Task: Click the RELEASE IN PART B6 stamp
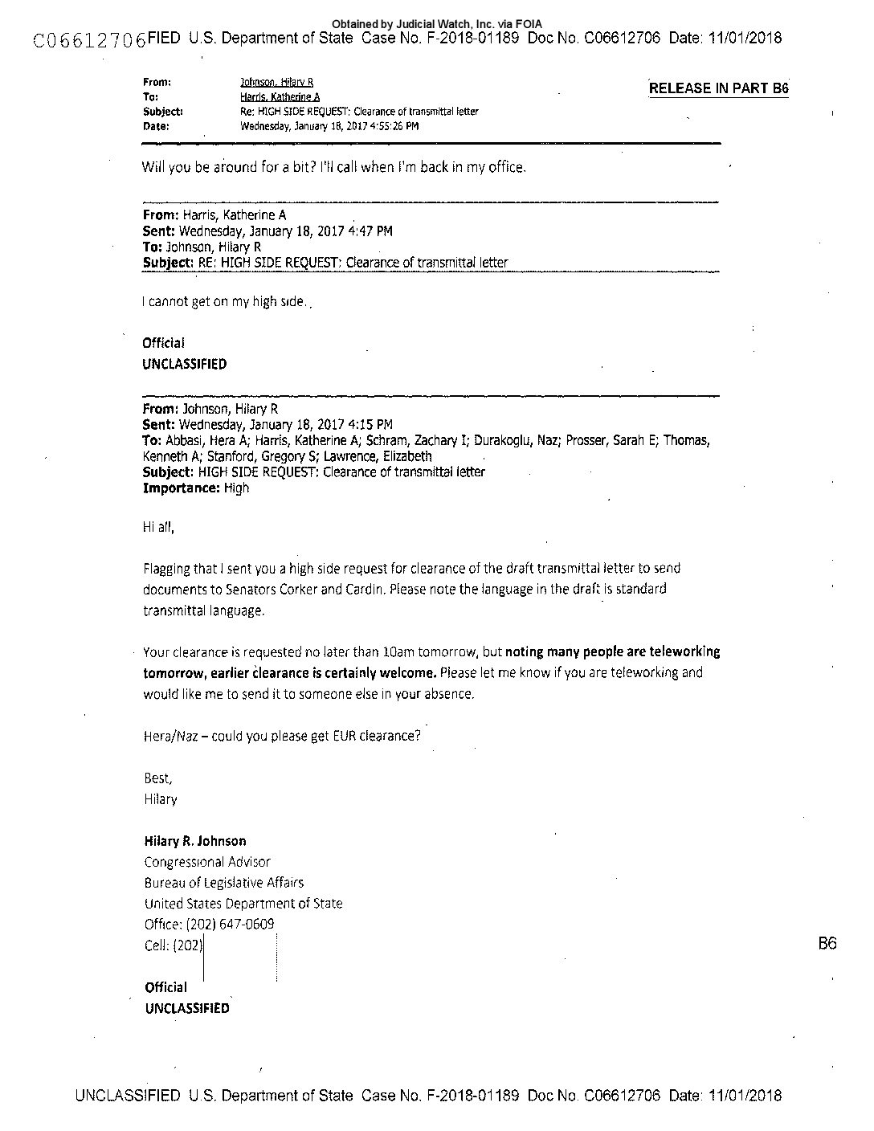click(x=718, y=88)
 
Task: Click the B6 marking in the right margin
click(x=827, y=943)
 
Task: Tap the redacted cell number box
click(x=239, y=956)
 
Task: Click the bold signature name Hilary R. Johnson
click(x=195, y=841)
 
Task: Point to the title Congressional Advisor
click(x=207, y=862)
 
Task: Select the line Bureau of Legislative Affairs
click(x=224, y=883)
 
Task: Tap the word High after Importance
click(x=236, y=488)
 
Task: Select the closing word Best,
click(x=158, y=778)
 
